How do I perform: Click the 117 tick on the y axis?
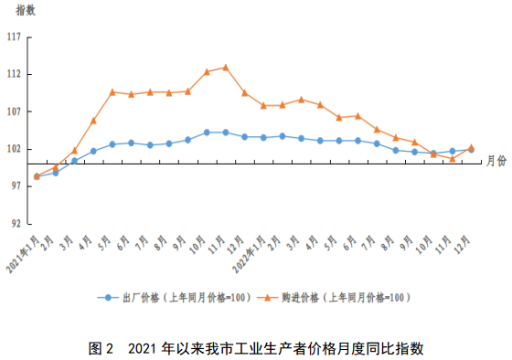pyautogui.click(x=14, y=37)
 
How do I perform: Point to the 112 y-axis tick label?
pyautogui.click(x=14, y=75)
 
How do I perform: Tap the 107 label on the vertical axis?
pyautogui.click(x=14, y=112)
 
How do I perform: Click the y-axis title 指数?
pyautogui.click(x=25, y=9)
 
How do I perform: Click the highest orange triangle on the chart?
pyautogui.click(x=225, y=67)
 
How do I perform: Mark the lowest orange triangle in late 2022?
pyautogui.click(x=452, y=158)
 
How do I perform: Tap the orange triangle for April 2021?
pyautogui.click(x=93, y=121)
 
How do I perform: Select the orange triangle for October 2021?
pyautogui.click(x=207, y=71)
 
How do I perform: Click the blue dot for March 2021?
pyautogui.click(x=74, y=161)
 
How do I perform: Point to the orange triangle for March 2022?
pyautogui.click(x=301, y=100)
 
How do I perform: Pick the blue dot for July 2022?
pyautogui.click(x=377, y=143)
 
